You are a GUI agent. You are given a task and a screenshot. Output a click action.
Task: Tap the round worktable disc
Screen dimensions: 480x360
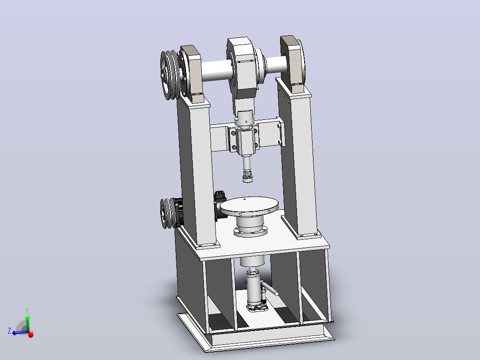(249, 205)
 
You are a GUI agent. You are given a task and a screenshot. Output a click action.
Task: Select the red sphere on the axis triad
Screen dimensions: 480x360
(31, 335)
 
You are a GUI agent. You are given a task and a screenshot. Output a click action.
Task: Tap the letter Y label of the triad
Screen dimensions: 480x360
(27, 311)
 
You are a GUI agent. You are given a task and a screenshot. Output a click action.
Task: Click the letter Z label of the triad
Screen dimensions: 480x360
(9, 331)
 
